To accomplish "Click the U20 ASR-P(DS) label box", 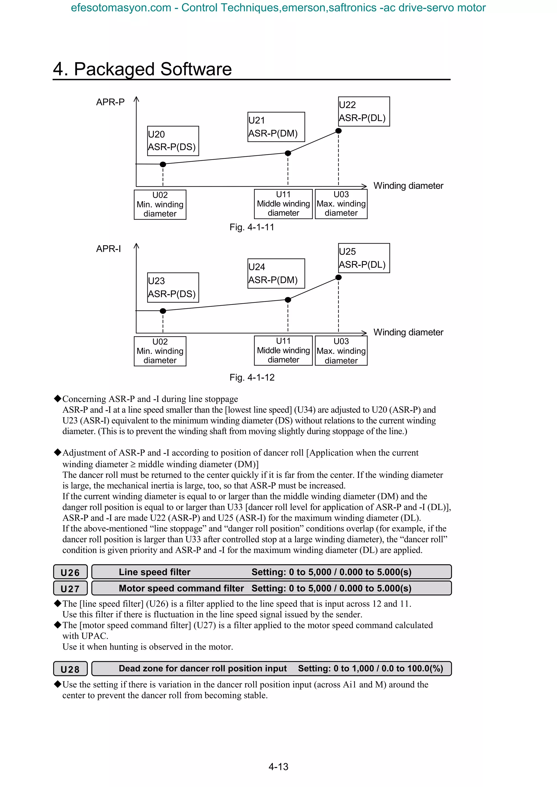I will [x=173, y=141].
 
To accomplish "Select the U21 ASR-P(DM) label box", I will [x=276, y=127].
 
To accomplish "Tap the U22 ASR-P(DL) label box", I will [x=364, y=111].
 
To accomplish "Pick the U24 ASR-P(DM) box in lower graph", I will [x=276, y=273].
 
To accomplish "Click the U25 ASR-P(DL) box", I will [x=364, y=258].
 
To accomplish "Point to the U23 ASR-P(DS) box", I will [x=173, y=288].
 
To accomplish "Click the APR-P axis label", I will [x=110, y=102].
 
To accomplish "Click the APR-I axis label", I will [x=109, y=249].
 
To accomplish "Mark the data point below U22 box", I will [x=338, y=131].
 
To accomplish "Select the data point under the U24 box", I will [x=288, y=300].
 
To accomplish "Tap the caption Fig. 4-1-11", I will [x=252, y=227].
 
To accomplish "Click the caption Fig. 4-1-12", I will [x=252, y=377].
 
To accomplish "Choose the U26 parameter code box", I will [x=70, y=572].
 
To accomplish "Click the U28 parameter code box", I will [x=70, y=669].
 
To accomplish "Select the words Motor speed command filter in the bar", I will [x=181, y=588].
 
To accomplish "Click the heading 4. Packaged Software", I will [x=143, y=69].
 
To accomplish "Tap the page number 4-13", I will [x=278, y=767].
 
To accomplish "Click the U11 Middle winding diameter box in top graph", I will [x=283, y=204].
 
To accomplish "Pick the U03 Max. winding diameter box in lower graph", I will [x=341, y=351].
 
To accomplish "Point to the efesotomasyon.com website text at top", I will [x=121, y=8].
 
